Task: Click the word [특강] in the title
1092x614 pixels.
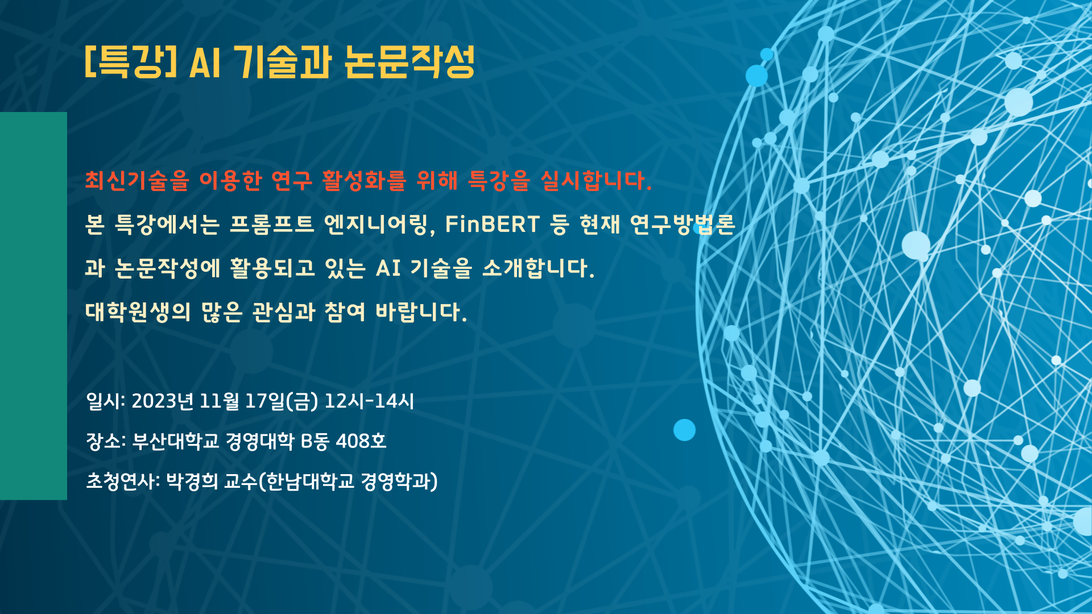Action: coord(131,61)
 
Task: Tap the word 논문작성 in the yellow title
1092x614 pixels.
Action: coord(409,61)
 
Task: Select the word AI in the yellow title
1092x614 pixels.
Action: coord(204,62)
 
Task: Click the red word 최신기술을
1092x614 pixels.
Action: coord(136,181)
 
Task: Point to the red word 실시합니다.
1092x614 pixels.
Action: coord(595,181)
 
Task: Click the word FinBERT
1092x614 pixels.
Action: coord(492,224)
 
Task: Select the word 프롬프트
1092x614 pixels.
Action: coord(272,224)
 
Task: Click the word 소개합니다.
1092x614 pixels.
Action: coord(538,268)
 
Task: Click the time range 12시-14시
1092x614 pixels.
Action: coord(369,401)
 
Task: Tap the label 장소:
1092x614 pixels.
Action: coord(106,441)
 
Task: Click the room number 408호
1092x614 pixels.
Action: coord(361,441)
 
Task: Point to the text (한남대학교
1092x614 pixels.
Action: coord(307,482)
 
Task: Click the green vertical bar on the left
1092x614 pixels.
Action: coord(34,306)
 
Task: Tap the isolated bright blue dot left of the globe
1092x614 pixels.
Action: coord(684,430)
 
